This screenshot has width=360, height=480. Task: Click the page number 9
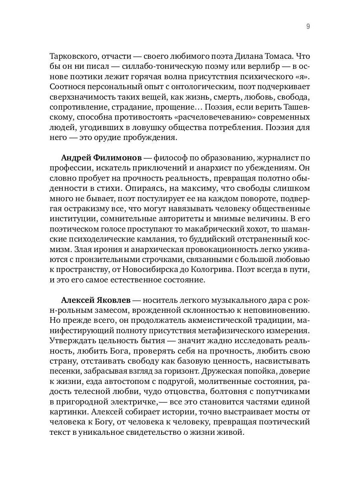click(308, 27)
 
